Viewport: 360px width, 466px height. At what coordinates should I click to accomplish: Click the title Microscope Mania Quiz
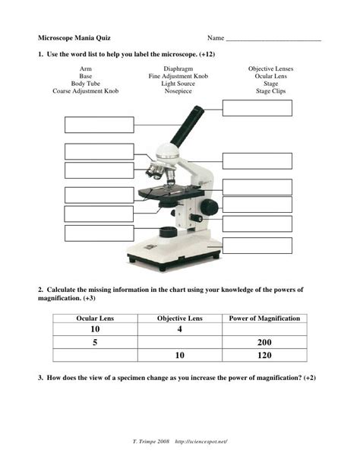pyautogui.click(x=74, y=37)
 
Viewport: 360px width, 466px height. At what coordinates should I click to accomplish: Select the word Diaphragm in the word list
pyautogui.click(x=178, y=69)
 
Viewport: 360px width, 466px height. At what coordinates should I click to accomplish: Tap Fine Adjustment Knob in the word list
pyautogui.click(x=178, y=77)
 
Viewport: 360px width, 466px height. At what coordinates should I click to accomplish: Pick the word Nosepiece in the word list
pyautogui.click(x=178, y=91)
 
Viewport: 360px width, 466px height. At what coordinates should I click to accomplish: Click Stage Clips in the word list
pyautogui.click(x=270, y=91)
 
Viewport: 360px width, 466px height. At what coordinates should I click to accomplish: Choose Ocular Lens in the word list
pyautogui.click(x=270, y=77)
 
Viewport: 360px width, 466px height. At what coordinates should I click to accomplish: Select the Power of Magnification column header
pyautogui.click(x=264, y=318)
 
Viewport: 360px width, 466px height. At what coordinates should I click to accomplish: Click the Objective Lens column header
pyautogui.click(x=180, y=318)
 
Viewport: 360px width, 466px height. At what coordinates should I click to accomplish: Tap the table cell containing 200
pyautogui.click(x=264, y=342)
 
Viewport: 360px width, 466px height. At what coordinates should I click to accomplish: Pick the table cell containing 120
pyautogui.click(x=264, y=354)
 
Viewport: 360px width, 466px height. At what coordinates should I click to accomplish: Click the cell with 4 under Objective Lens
pyautogui.click(x=180, y=329)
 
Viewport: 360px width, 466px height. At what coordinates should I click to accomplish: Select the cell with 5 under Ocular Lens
pyautogui.click(x=96, y=342)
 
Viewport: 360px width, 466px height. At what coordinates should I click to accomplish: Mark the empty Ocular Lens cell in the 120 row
pyautogui.click(x=96, y=354)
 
